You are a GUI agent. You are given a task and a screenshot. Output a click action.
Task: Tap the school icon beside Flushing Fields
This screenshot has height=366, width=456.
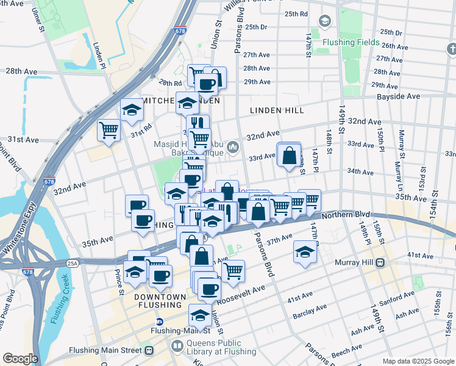(325, 22)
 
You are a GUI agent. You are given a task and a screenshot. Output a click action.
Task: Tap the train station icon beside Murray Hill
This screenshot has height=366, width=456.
(379, 263)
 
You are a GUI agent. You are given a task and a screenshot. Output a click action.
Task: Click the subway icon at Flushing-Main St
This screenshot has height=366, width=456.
(160, 321)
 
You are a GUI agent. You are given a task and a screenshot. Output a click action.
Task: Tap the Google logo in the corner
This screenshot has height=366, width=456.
(20, 358)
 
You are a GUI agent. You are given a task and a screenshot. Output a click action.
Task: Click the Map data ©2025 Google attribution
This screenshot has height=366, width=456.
(418, 361)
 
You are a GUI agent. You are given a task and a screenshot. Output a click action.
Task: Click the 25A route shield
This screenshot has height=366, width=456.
(72, 263)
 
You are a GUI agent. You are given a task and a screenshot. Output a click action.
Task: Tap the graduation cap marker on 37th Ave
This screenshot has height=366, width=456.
(304, 251)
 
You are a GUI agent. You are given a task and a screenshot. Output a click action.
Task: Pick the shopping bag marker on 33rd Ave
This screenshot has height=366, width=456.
(288, 156)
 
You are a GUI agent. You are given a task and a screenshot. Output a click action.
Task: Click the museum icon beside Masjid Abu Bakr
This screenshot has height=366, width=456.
(232, 147)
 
